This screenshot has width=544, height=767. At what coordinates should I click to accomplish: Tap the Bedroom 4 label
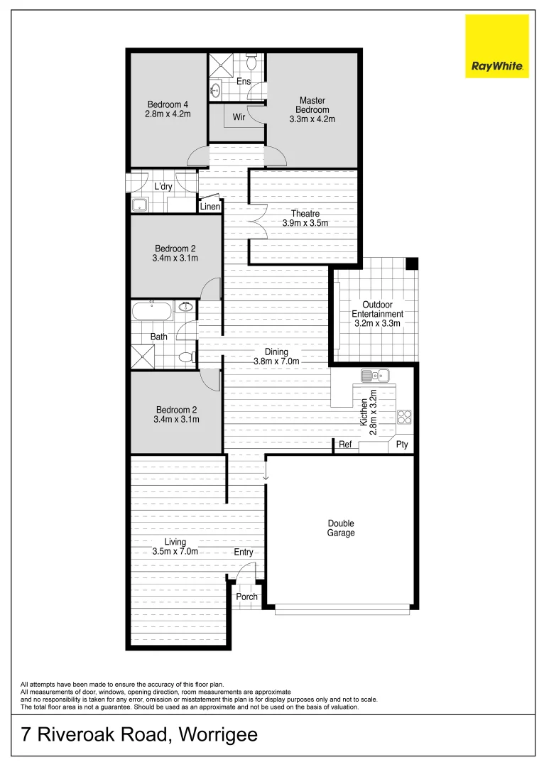pyautogui.click(x=168, y=109)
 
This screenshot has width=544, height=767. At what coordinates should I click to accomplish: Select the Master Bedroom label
pyautogui.click(x=312, y=109)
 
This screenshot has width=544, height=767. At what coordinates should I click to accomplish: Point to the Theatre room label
pyautogui.click(x=305, y=214)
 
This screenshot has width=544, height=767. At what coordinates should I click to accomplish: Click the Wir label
pyautogui.click(x=239, y=117)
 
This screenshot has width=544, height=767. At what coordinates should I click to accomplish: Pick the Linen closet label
pyautogui.click(x=210, y=207)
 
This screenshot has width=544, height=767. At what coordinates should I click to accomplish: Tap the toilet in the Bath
pyautogui.click(x=186, y=357)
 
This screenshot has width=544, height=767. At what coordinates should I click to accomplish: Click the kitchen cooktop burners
pyautogui.click(x=405, y=417)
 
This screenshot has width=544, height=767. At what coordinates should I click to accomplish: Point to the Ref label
pyautogui.click(x=345, y=445)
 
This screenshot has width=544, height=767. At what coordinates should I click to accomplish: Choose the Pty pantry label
pyautogui.click(x=402, y=445)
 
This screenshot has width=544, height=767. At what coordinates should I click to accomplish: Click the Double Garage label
pyautogui.click(x=341, y=528)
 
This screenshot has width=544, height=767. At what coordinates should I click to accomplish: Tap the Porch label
pyautogui.click(x=246, y=597)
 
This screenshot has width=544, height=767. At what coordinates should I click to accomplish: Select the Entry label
pyautogui.click(x=243, y=552)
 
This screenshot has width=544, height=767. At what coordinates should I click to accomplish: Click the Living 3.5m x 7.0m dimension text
pyautogui.click(x=175, y=551)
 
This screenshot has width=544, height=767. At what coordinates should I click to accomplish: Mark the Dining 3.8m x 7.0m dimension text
pyautogui.click(x=276, y=361)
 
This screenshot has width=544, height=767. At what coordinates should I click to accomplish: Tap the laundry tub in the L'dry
pyautogui.click(x=140, y=205)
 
